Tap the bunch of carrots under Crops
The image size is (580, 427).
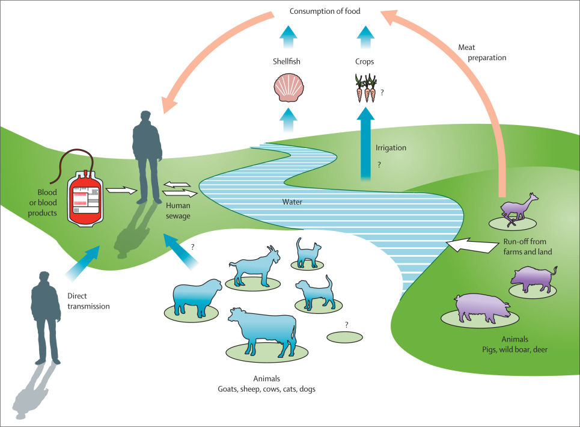tap(364, 89)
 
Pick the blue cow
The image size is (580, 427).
tap(262, 330)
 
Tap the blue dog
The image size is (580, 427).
tap(313, 292)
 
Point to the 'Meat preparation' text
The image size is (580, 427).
tap(483, 53)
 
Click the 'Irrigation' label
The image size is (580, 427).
tap(391, 147)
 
